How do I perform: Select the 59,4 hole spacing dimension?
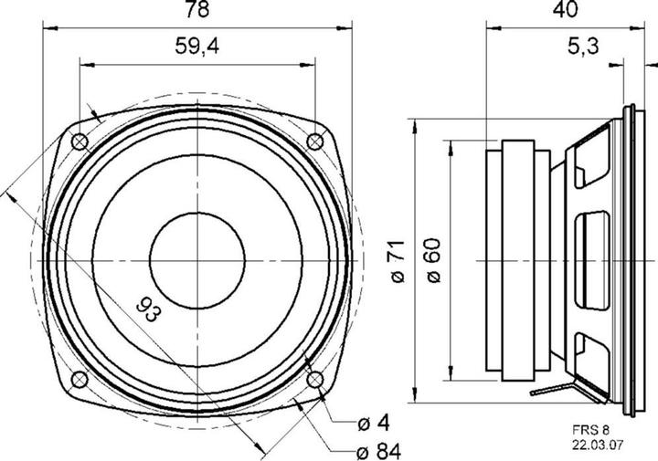pos(196,50)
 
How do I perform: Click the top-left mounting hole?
pos(79,141)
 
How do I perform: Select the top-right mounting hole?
pos(314,141)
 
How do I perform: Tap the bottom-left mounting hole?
pos(79,378)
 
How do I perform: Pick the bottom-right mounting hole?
pos(314,378)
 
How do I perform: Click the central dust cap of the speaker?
pos(196,260)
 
